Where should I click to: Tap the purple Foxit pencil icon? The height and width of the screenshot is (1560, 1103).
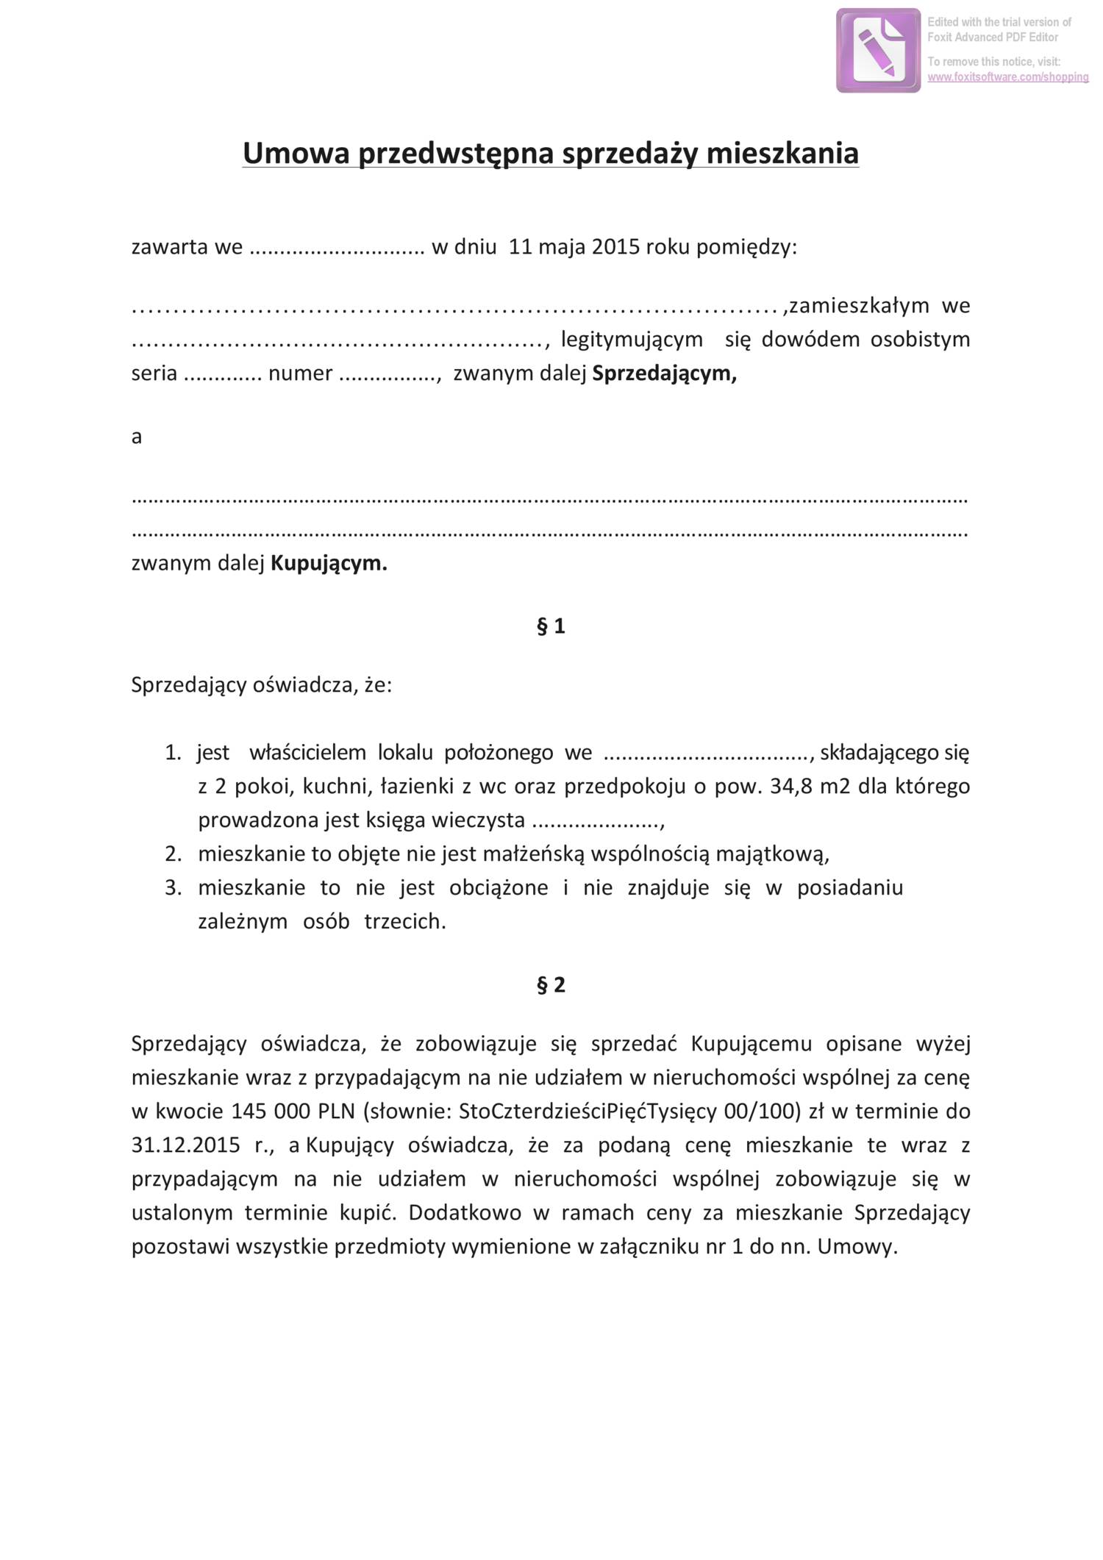[878, 51]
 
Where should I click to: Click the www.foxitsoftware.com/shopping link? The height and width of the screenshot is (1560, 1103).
[1007, 77]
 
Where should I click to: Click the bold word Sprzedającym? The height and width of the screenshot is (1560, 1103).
[664, 373]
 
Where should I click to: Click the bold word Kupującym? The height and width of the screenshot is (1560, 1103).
[329, 564]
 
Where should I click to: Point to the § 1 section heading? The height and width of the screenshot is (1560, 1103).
[551, 626]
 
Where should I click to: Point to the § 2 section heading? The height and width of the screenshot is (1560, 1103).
[551, 985]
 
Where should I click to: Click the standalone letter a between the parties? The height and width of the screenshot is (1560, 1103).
[136, 437]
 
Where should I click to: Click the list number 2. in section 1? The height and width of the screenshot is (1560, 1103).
[173, 854]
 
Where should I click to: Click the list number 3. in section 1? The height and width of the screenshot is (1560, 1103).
[173, 888]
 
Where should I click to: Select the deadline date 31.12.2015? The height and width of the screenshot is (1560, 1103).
[185, 1145]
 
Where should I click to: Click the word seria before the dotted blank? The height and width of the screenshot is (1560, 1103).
[154, 373]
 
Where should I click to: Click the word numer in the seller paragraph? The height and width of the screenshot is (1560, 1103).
[300, 373]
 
